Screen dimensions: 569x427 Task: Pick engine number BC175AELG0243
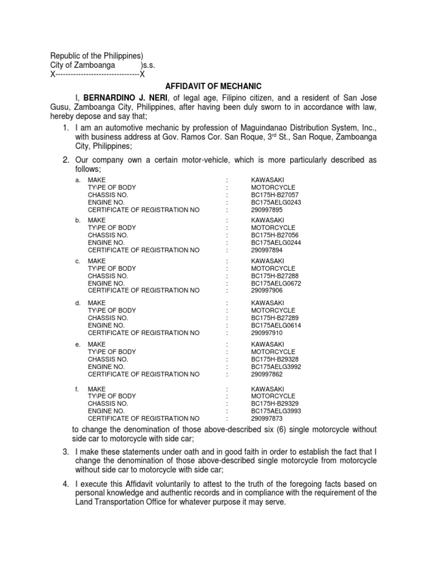tap(276, 202)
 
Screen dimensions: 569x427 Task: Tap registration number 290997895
tap(267, 210)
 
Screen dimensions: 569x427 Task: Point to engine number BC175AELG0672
tap(276, 283)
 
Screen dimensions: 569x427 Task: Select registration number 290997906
tap(267, 290)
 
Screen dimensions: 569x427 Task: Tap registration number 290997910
tap(267, 333)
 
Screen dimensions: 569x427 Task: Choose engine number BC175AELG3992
tap(276, 367)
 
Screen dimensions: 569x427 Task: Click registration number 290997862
tap(267, 374)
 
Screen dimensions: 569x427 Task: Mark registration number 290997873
tap(267, 418)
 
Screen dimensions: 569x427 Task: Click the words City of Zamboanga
tap(83, 65)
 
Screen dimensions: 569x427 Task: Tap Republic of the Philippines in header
tap(97, 56)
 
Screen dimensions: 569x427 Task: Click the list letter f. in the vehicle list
tap(77, 388)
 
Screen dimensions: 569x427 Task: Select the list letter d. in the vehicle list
tap(78, 303)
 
